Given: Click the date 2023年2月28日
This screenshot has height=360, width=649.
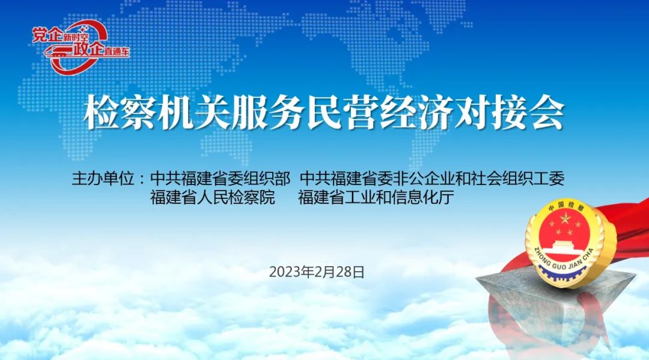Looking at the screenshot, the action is tap(317, 272).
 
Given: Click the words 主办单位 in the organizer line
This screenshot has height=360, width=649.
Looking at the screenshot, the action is tap(103, 178).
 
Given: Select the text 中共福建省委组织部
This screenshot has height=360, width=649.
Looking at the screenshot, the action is tap(220, 178).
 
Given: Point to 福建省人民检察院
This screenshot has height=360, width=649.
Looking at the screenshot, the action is tap(212, 197).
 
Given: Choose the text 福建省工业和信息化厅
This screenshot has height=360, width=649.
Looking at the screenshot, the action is tap(376, 197).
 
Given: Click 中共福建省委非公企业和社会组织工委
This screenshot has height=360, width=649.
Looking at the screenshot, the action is tap(432, 178).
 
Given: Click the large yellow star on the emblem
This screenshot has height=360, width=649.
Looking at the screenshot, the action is tap(564, 218).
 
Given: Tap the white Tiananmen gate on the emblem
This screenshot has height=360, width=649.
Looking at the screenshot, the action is tap(565, 246).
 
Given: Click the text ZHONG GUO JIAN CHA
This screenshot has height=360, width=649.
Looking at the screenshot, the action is tap(564, 260).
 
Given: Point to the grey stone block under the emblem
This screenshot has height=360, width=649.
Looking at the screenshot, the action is tap(555, 302).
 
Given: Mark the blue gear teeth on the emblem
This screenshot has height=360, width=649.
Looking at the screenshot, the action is tap(564, 275).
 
